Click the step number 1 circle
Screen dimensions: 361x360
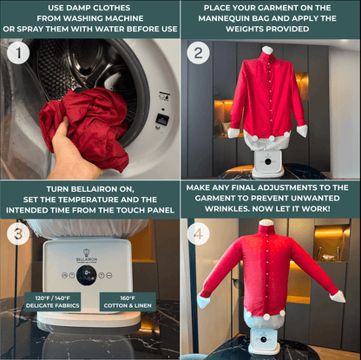click(x=18, y=53)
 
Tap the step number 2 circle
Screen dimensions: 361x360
click(x=198, y=53)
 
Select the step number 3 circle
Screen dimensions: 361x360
click(x=18, y=234)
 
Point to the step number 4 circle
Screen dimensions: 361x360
click(x=198, y=234)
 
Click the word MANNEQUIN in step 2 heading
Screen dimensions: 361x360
click(x=221, y=18)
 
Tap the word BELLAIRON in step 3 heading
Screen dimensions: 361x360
click(x=93, y=189)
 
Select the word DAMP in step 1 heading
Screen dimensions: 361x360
click(x=79, y=8)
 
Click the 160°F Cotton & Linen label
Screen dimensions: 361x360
click(x=128, y=302)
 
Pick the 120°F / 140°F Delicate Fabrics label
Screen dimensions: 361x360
click(x=53, y=302)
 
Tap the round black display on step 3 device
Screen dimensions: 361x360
click(x=87, y=275)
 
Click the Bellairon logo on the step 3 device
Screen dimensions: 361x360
click(x=87, y=256)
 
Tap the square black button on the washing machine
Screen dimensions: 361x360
click(x=162, y=119)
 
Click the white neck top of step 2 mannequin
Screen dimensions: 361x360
click(x=267, y=49)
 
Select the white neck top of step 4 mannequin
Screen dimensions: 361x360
click(x=266, y=222)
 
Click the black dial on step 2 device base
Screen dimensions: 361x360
click(x=268, y=162)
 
